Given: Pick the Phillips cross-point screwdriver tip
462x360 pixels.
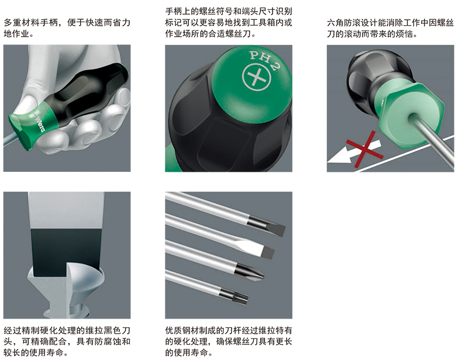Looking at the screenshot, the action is click(250, 272).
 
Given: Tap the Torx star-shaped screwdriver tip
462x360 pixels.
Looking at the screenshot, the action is click(235, 295).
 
